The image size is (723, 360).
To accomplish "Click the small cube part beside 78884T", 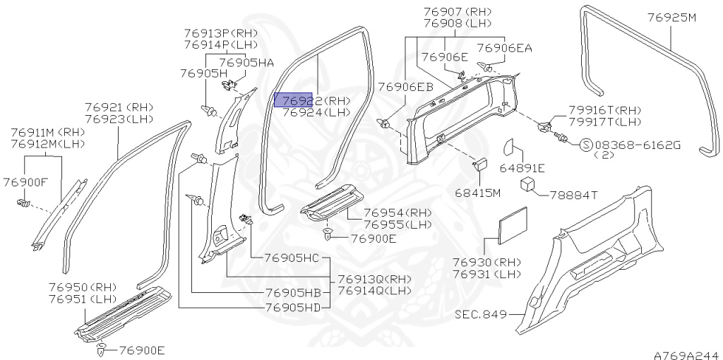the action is click(x=529, y=185).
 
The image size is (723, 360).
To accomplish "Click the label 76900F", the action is click(x=24, y=182).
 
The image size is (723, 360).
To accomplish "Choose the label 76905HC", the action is click(x=292, y=258).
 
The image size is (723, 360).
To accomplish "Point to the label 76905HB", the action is click(x=292, y=293).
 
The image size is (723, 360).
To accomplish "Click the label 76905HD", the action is click(x=292, y=307).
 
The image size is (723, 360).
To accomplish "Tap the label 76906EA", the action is click(x=503, y=48).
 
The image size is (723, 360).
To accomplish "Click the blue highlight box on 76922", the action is click(x=293, y=100).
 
